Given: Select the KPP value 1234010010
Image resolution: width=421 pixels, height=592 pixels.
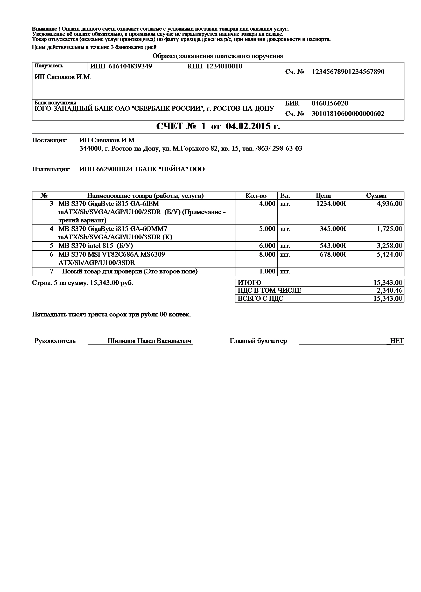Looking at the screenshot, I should [x=224, y=66].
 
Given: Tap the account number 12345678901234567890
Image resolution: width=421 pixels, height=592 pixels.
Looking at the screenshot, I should [x=348, y=72].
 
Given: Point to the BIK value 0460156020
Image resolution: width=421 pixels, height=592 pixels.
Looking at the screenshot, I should [x=330, y=103].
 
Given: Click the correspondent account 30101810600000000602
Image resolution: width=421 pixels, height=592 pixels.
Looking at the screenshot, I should [x=348, y=114].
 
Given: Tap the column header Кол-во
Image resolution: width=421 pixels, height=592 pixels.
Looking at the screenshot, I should [x=256, y=196].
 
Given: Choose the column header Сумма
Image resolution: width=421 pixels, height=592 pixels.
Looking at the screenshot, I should [x=376, y=196].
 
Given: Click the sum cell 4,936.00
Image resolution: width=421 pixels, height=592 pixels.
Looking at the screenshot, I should [x=389, y=204].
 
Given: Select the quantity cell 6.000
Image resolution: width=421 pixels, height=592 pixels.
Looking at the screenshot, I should [x=267, y=246].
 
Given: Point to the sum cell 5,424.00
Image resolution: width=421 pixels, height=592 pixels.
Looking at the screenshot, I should [x=389, y=255].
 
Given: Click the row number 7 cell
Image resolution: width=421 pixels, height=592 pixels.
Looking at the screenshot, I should [x=52, y=271].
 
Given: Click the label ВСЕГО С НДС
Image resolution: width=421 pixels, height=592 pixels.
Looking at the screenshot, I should [x=261, y=299].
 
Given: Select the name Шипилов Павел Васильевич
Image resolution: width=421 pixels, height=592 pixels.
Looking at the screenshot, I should [x=150, y=341].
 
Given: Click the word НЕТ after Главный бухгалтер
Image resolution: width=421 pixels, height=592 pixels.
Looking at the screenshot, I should [x=397, y=341].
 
